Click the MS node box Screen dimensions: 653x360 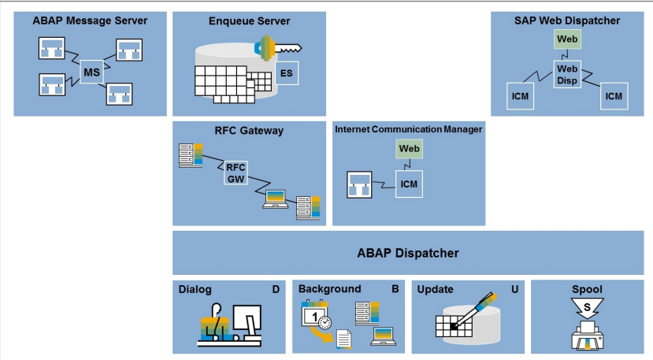tap(91, 72)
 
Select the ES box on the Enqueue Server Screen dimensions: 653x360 tap(287, 73)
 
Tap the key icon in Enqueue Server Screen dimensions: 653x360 tap(278, 48)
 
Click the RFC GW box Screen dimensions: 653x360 tap(236, 173)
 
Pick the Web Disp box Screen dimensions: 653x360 tap(567, 75)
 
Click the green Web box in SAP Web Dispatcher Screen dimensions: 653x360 tap(567, 39)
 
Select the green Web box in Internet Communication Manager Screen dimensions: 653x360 tap(409, 149)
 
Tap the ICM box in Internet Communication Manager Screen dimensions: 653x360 tap(409, 184)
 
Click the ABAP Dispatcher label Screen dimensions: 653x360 tap(408, 254)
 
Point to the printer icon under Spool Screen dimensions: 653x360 tap(588, 336)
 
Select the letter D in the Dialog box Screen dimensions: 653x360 tap(276, 289)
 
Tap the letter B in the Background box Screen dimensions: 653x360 tap(395, 289)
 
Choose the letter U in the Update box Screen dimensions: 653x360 tap(514, 289)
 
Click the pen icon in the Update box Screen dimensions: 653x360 tap(474, 310)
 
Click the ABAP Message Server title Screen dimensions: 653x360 tap(90, 20)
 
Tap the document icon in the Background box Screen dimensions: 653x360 tap(344, 340)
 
